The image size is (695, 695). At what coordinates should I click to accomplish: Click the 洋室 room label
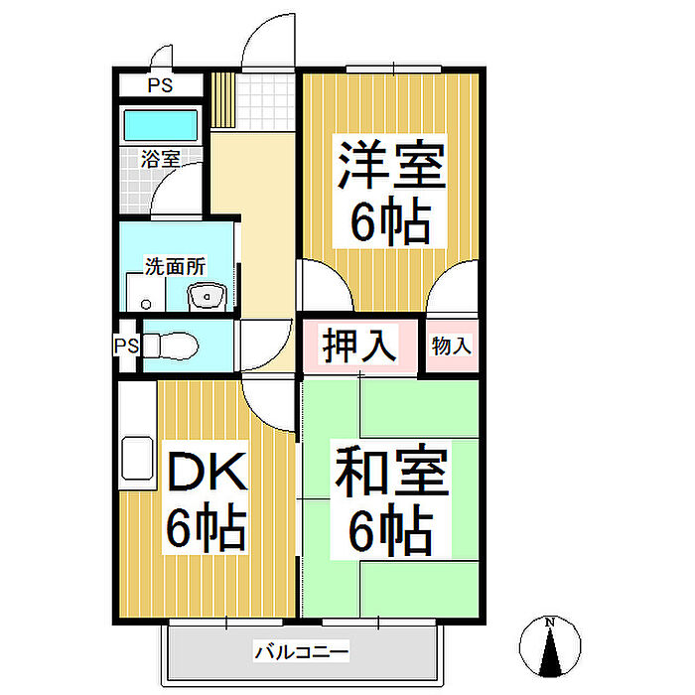(390, 166)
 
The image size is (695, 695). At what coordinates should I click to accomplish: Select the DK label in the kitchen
(206, 474)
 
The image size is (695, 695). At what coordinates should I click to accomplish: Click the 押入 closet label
(359, 346)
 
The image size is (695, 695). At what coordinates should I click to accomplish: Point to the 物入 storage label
(453, 346)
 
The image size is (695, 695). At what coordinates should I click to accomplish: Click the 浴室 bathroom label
(160, 158)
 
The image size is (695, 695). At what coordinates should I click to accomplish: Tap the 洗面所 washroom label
(175, 266)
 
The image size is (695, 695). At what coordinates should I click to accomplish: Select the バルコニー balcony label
(302, 652)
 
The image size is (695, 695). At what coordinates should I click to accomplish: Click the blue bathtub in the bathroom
(159, 126)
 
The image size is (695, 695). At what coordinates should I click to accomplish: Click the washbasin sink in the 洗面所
(208, 294)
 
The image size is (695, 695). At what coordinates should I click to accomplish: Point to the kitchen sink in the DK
(136, 460)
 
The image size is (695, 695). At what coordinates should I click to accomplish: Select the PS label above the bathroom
(160, 85)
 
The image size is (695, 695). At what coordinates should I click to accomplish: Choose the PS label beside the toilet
(125, 347)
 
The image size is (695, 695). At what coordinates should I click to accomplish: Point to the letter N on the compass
(549, 624)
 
